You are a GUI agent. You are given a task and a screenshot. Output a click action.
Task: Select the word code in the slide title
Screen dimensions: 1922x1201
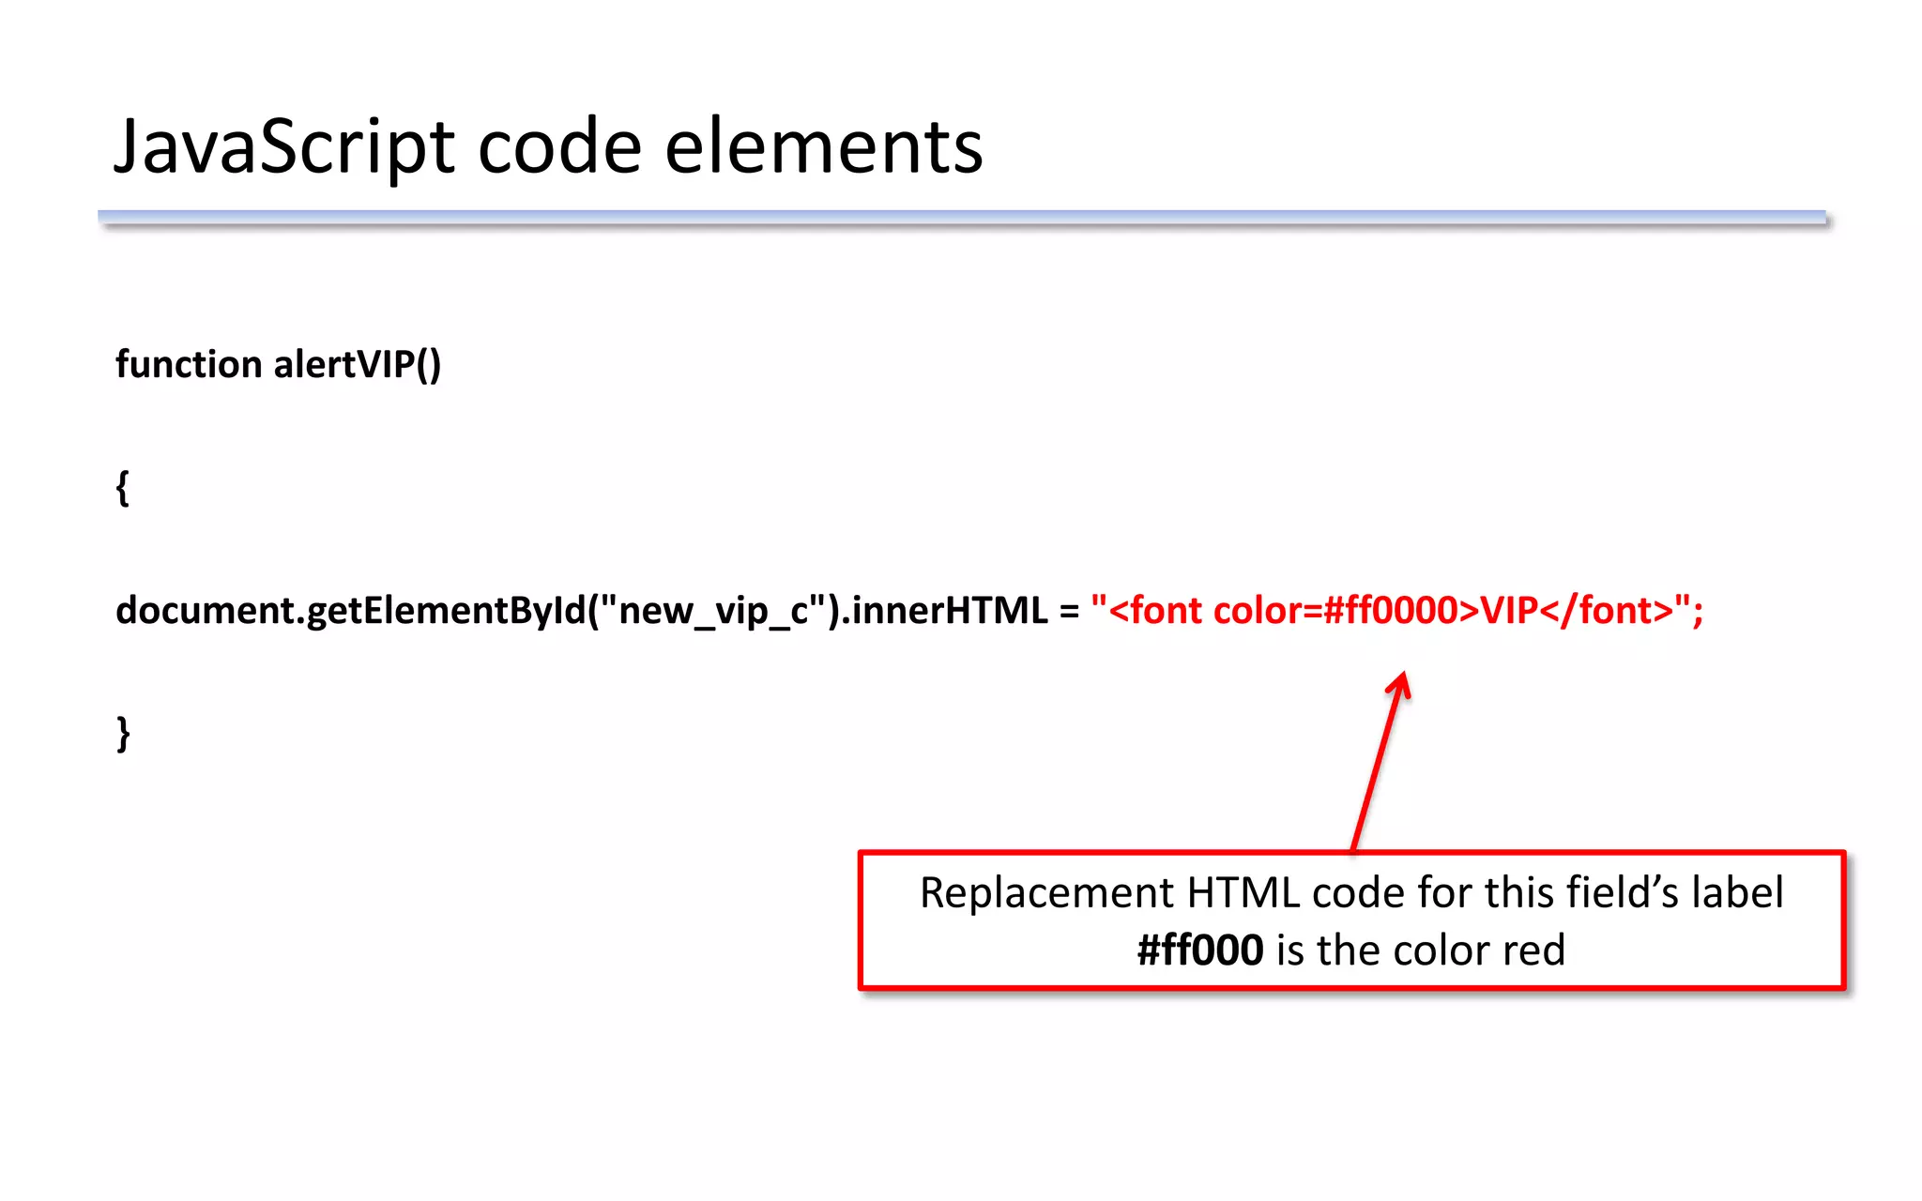click(x=559, y=148)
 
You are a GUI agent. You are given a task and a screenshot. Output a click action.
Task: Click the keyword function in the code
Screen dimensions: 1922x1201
click(x=189, y=364)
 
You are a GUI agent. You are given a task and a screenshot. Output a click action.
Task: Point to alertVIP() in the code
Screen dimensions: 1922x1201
click(x=357, y=364)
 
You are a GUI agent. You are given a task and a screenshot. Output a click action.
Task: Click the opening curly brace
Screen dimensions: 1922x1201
click(x=122, y=488)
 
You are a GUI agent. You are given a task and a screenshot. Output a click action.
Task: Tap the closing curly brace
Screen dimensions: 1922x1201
click(x=123, y=734)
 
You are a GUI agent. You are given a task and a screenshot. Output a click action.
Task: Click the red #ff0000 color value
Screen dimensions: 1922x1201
click(x=1390, y=611)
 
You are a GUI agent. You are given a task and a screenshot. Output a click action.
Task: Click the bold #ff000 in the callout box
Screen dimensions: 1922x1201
click(x=1199, y=950)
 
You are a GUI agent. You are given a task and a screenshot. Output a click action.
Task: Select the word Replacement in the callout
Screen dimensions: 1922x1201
click(x=1045, y=892)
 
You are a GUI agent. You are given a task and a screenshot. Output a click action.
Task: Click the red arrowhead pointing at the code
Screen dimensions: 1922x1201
click(x=1399, y=684)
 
